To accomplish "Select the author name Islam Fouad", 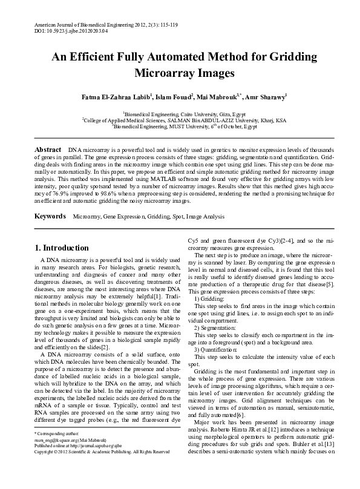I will click(174, 97).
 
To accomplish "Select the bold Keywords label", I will click(50, 216).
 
